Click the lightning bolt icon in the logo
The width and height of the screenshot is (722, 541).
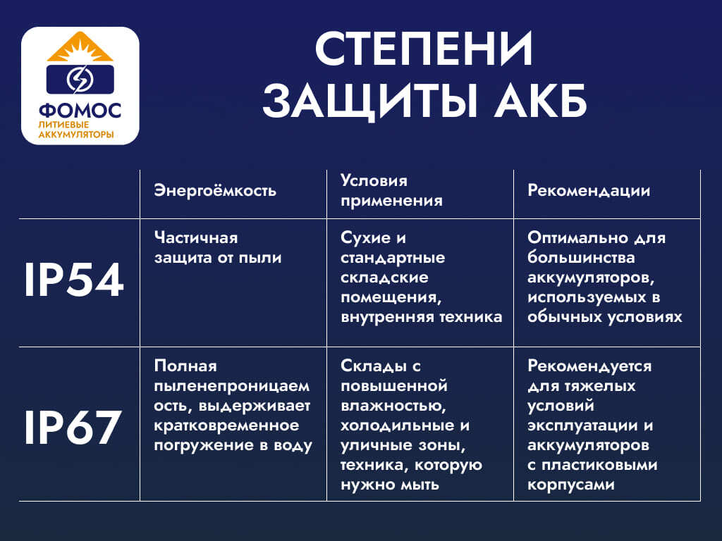79,79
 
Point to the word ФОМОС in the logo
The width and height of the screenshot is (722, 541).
80,111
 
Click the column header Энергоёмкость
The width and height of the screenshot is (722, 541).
215,191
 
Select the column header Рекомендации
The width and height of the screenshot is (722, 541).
589,191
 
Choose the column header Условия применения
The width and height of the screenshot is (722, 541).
391,191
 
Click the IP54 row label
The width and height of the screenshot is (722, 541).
74,281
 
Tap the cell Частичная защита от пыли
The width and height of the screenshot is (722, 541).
218,248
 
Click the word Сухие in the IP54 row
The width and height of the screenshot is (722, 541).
365,238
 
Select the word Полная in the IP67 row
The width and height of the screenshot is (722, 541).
185,366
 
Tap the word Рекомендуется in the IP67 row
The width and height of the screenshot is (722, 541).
589,366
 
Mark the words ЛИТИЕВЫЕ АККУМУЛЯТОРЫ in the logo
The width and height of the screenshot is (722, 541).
76,129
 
